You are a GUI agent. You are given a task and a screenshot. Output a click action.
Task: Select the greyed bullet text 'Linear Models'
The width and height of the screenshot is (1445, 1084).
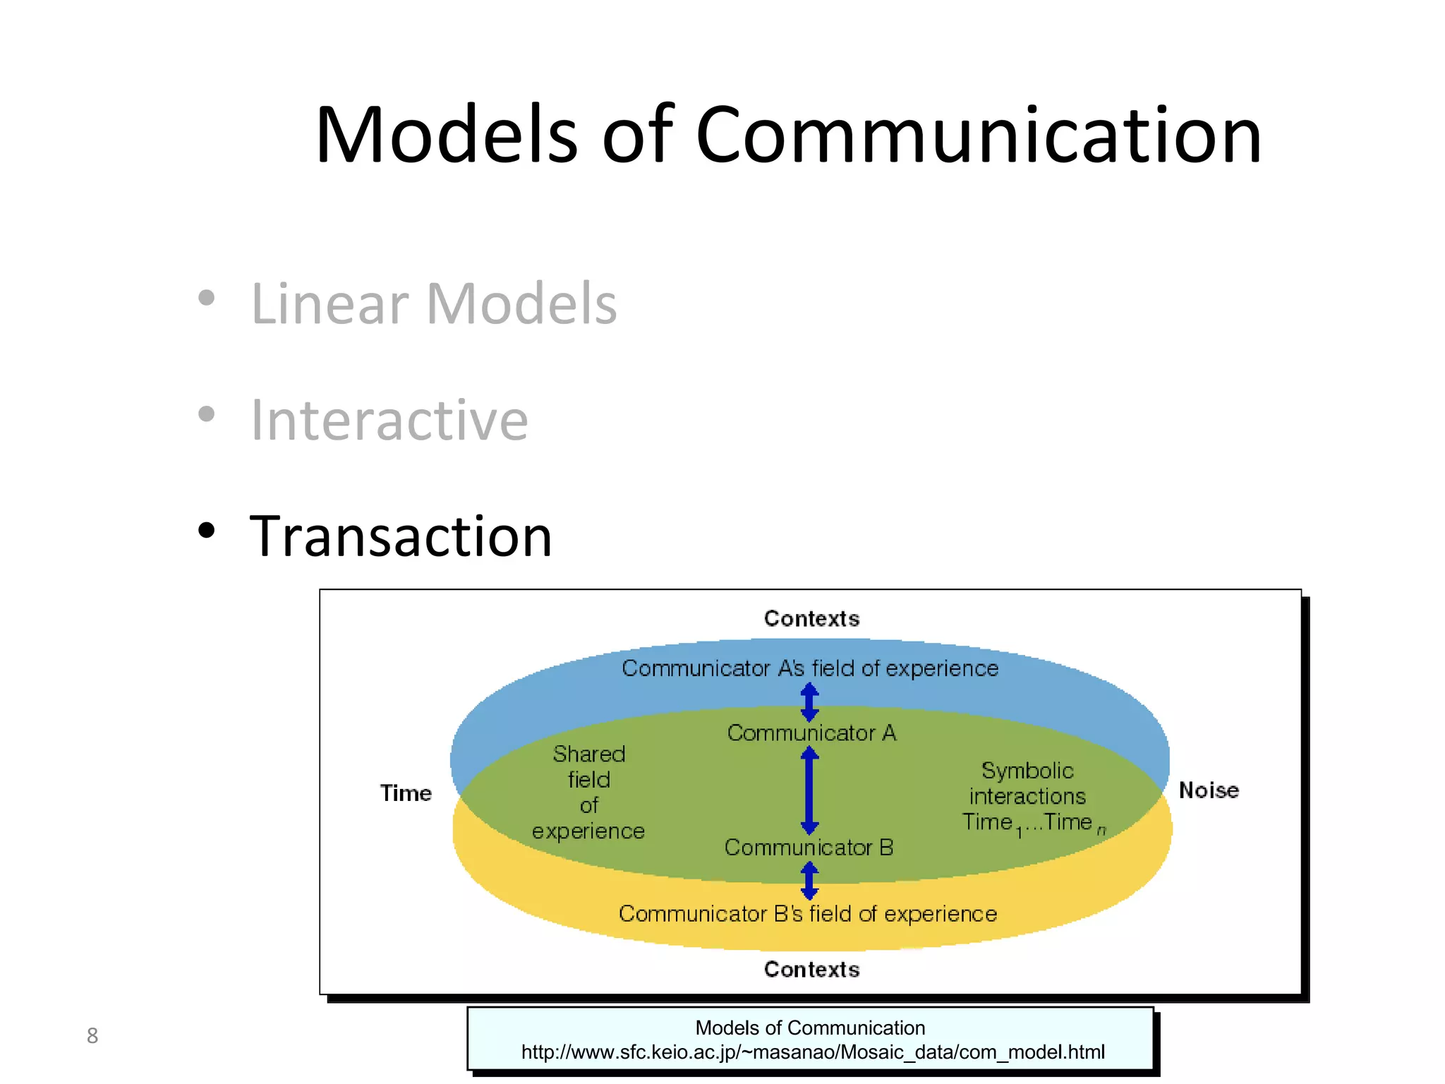[x=433, y=303]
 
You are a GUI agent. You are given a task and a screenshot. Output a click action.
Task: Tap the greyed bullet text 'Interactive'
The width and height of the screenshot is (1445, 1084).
[x=389, y=420]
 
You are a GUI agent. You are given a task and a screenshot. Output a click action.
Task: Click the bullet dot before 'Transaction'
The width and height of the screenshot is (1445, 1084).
[x=206, y=530]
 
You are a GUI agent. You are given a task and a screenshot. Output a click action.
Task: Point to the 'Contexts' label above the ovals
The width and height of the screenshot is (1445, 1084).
[x=811, y=618]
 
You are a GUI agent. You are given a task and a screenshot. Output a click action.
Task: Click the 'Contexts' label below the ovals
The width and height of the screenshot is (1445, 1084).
[x=811, y=969]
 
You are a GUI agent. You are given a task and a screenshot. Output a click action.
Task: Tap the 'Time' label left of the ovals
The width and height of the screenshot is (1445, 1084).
[x=406, y=793]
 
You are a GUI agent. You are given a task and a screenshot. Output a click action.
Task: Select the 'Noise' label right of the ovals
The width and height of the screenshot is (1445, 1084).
[x=1209, y=790]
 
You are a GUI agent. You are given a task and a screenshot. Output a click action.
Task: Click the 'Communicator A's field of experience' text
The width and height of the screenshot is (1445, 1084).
[x=810, y=668]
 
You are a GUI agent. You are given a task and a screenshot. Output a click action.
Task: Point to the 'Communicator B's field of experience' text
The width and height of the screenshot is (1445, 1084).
[x=808, y=913]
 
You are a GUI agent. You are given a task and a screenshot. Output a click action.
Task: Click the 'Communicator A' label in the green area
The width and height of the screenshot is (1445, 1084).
[x=811, y=733]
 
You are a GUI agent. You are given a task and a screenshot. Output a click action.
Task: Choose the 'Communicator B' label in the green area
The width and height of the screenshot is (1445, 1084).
[x=809, y=847]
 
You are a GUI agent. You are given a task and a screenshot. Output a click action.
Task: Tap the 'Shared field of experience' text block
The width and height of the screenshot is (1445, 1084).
[x=589, y=792]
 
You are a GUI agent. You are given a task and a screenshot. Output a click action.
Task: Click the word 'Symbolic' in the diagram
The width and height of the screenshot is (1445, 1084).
[x=1027, y=770]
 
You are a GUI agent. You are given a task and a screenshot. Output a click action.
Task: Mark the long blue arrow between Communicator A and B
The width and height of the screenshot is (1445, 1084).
[x=809, y=790]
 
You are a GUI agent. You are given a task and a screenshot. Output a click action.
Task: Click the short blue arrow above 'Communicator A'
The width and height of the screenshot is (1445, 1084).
[x=809, y=701]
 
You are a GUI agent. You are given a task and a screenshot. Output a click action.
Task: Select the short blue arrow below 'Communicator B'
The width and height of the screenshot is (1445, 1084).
[x=809, y=880]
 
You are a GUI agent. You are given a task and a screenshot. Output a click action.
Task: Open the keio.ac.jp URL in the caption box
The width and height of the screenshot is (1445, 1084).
[x=813, y=1052]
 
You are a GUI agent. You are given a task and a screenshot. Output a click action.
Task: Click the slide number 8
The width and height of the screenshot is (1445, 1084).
[x=92, y=1035]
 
